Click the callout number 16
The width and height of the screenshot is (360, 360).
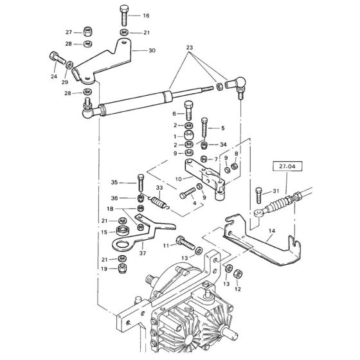tap(146, 15)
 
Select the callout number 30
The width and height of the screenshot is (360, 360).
tap(152, 50)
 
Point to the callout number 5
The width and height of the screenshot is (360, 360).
tap(223, 127)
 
